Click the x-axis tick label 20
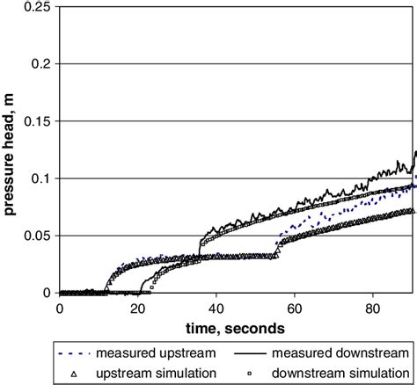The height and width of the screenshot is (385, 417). coord(138,309)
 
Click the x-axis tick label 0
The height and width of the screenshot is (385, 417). coord(60,309)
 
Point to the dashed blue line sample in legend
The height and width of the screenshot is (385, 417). coord(75,352)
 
